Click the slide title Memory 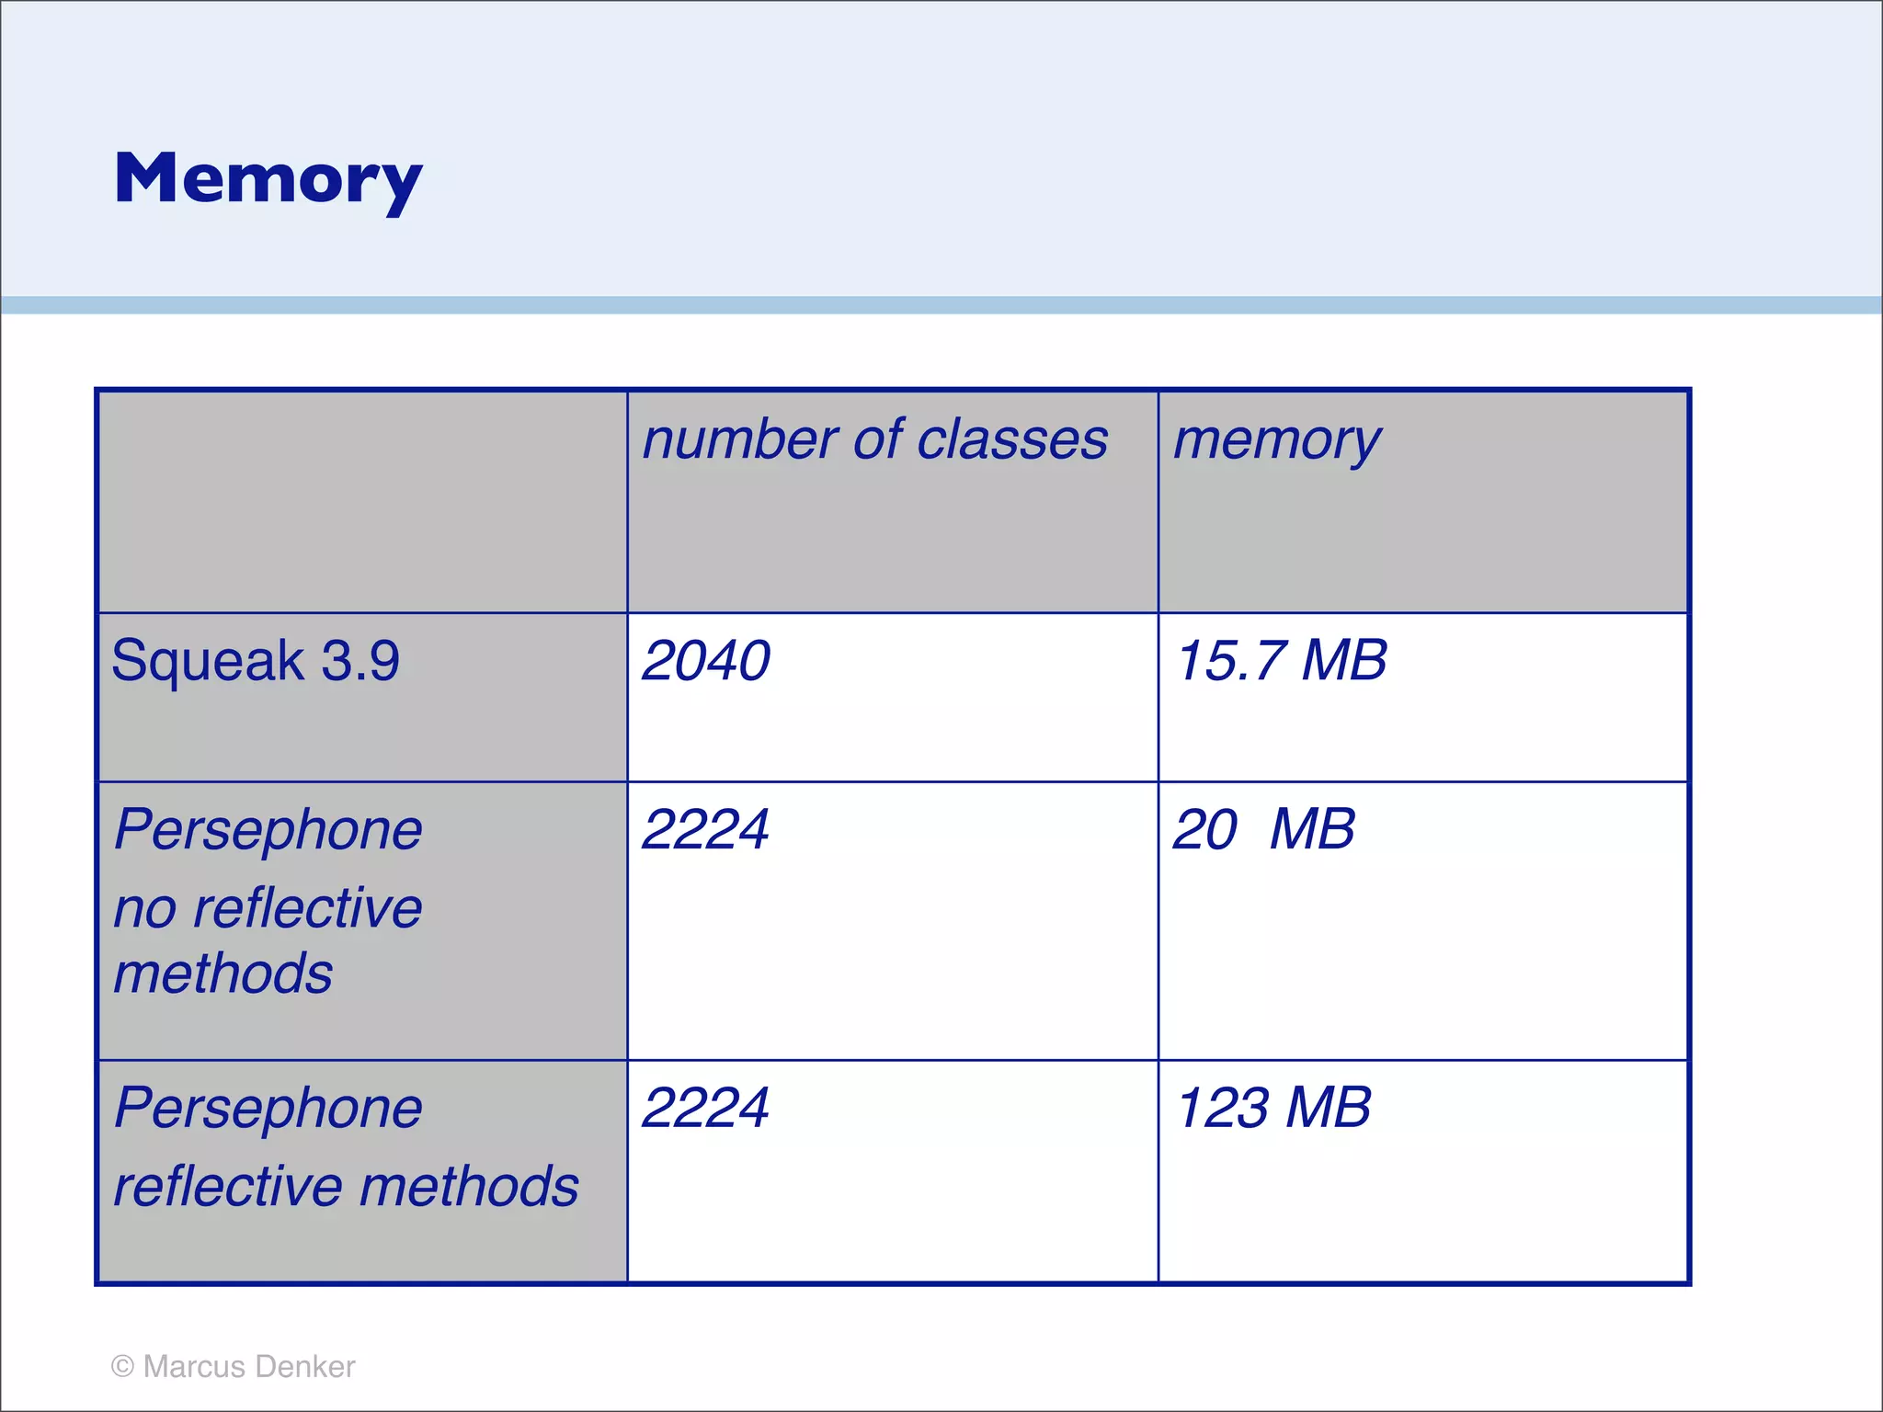pos(268,179)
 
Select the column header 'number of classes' pos(874,439)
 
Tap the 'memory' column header pos(1276,441)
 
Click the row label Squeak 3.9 pos(256,660)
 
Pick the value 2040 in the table pos(705,660)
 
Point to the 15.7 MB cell pos(1281,660)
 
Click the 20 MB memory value pos(1263,829)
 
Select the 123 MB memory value pos(1273,1107)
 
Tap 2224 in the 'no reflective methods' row pos(705,829)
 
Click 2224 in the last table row pos(705,1107)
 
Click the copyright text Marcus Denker pos(248,1367)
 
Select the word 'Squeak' pos(208,662)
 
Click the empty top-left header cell pos(362,502)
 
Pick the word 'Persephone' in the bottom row pos(268,1109)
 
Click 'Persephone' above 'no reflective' pos(268,831)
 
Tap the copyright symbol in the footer pos(122,1367)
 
